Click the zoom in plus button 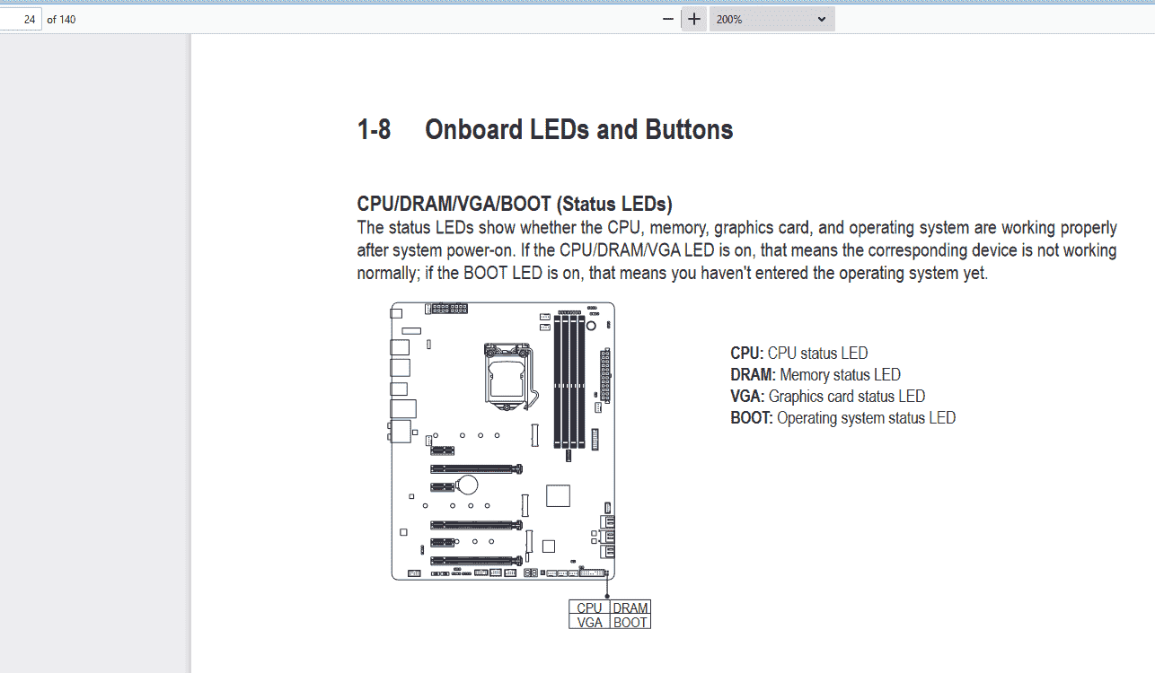coord(694,20)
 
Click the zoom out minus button coord(667,20)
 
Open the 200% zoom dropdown coord(771,20)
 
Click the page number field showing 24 coord(21,20)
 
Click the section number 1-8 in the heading coord(374,129)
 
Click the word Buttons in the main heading coord(689,129)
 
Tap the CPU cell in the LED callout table coord(589,607)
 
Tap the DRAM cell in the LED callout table coord(630,607)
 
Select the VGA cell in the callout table coord(589,622)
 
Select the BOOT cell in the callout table coord(630,622)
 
